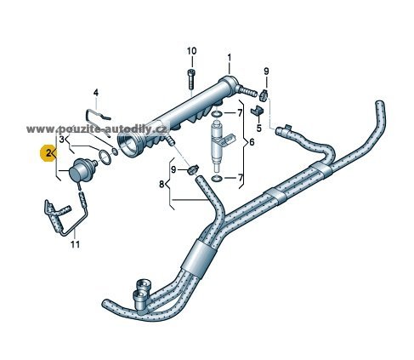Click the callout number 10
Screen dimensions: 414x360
pos(191,51)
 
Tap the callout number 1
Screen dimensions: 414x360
pos(230,58)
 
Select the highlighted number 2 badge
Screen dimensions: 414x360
pos(48,153)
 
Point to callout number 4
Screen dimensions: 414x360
pos(96,93)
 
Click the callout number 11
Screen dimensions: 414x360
pos(75,244)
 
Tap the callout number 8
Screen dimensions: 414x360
pos(162,185)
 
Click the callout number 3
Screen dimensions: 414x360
pos(61,140)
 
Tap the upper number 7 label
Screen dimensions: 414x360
pos(240,113)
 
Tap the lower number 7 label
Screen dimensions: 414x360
pos(240,178)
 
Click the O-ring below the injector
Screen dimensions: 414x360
pos(218,179)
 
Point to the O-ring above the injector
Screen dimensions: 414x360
pos(217,114)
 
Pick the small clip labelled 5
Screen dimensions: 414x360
pos(257,111)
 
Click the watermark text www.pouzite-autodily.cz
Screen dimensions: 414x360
pos(96,129)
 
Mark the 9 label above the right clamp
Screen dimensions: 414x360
pos(266,71)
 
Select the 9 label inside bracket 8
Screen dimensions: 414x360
pos(173,169)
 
